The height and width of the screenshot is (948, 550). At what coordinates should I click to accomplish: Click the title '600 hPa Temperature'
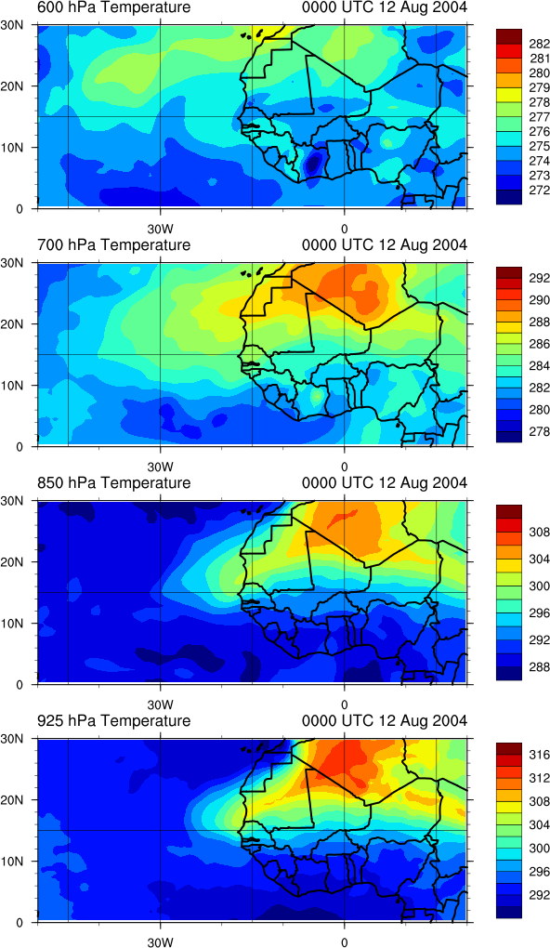[113, 7]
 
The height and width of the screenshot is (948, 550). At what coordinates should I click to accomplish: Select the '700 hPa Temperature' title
[113, 244]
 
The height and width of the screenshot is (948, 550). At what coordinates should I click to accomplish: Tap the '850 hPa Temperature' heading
[113, 483]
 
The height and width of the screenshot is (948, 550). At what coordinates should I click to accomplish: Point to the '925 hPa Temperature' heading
[113, 720]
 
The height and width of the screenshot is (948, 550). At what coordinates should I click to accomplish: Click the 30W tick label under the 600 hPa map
[161, 230]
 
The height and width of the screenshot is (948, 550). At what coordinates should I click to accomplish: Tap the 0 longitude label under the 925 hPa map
[344, 942]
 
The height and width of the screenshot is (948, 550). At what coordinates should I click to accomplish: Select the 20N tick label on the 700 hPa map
[21, 324]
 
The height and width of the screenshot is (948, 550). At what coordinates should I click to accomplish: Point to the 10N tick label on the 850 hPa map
[21, 623]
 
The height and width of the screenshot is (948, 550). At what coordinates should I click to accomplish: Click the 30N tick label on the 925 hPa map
[21, 738]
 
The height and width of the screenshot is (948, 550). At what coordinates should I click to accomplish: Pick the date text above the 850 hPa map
[385, 483]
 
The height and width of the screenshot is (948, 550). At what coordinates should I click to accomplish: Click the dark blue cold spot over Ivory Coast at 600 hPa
[312, 163]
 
